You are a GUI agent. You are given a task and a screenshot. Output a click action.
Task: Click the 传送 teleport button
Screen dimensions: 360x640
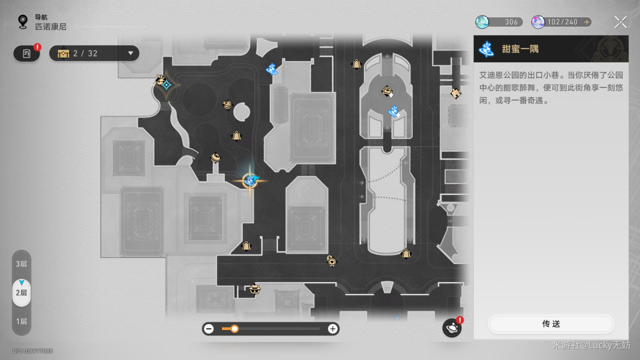(551, 324)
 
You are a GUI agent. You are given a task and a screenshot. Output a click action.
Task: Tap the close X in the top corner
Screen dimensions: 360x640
(621, 22)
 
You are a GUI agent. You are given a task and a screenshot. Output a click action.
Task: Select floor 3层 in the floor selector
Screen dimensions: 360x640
(22, 264)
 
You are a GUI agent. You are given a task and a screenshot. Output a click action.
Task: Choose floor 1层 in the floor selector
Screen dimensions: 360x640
(22, 321)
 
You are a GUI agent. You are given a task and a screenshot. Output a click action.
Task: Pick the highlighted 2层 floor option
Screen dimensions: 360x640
(22, 292)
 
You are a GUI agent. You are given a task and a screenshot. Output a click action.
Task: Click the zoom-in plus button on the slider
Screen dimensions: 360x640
(332, 329)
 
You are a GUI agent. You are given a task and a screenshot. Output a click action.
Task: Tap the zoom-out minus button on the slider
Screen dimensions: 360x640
(209, 329)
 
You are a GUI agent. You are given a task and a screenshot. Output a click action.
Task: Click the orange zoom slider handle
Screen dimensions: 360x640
(235, 329)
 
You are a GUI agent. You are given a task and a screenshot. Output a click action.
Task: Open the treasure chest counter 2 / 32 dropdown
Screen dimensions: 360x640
(94, 53)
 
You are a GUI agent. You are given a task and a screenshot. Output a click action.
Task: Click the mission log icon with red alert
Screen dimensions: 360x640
(27, 53)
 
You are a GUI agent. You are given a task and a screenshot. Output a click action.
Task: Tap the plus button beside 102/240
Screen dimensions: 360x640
(587, 22)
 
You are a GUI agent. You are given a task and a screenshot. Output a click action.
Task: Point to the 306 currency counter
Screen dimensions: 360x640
(500, 22)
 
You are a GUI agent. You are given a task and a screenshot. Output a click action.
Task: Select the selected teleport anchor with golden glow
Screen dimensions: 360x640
(250, 180)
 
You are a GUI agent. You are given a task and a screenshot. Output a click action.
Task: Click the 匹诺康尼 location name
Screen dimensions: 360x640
(50, 27)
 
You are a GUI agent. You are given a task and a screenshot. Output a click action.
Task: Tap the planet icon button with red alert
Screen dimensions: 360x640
(452, 328)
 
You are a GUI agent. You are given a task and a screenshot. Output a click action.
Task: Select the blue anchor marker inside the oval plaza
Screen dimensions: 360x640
(393, 111)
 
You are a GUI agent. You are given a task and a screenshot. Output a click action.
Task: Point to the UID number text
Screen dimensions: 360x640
(32, 351)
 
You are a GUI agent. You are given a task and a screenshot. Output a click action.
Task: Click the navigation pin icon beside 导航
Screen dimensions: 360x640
(23, 22)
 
